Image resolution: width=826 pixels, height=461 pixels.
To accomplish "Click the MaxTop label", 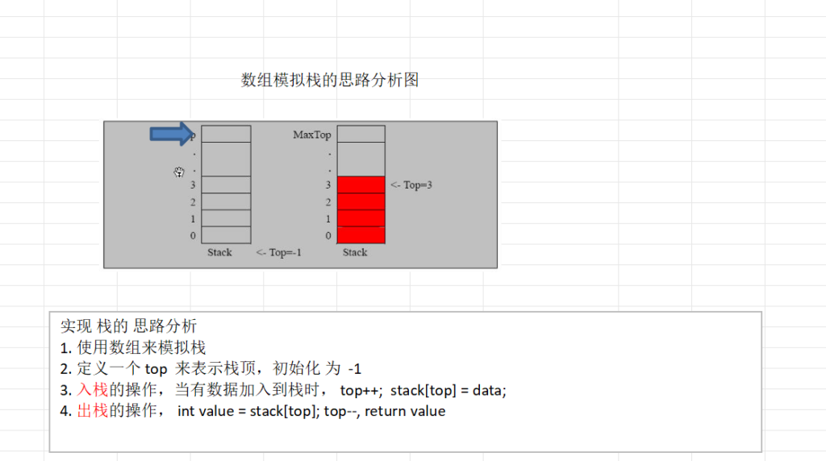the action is tap(312, 135).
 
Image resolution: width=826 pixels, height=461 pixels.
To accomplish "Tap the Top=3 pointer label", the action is tap(411, 185).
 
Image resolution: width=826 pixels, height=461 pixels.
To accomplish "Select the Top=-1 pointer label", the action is tap(278, 252).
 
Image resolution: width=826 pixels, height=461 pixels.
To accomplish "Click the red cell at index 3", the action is tap(361, 185).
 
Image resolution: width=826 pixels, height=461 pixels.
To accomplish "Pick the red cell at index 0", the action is tap(361, 235).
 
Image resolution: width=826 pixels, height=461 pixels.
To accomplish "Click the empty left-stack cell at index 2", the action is tap(226, 201).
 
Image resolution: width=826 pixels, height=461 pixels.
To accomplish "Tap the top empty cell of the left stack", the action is tap(226, 134).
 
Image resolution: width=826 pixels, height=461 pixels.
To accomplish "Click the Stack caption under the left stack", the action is tap(219, 252).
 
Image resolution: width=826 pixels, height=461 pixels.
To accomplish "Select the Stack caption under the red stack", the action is tap(355, 252).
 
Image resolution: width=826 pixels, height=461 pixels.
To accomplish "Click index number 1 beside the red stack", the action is tap(328, 219).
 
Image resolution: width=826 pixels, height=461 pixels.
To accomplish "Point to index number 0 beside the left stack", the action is tap(193, 236).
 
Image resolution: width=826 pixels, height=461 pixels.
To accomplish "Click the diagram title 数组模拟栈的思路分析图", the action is tap(330, 80).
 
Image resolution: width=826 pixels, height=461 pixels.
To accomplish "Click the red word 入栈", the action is tap(92, 390).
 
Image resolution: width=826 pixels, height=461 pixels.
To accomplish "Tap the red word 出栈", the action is tap(92, 410).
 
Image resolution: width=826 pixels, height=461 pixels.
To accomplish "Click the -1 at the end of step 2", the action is tap(355, 369).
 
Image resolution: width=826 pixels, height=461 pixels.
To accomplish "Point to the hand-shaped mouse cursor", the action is tap(179, 172).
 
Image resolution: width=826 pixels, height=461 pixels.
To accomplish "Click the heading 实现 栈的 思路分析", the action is tap(128, 326).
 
